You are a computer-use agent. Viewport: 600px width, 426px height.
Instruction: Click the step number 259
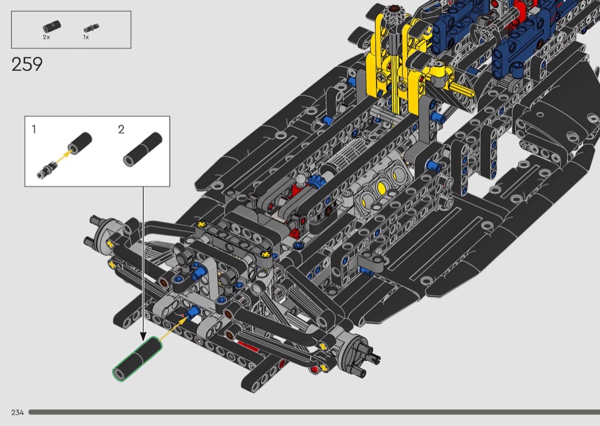27,65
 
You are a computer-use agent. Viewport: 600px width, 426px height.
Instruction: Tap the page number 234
18,412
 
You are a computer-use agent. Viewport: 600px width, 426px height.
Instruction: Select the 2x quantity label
46,37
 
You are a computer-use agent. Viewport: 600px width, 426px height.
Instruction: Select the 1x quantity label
86,37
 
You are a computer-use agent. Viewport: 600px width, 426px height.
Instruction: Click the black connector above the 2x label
51,26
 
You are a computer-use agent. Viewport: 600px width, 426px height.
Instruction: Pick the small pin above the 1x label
91,28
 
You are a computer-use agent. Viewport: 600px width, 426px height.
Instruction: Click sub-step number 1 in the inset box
34,129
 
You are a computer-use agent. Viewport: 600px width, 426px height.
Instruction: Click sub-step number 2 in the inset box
121,129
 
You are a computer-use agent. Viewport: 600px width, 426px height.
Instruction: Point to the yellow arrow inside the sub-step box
63,156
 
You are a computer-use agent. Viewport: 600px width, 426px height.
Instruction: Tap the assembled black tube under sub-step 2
143,149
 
